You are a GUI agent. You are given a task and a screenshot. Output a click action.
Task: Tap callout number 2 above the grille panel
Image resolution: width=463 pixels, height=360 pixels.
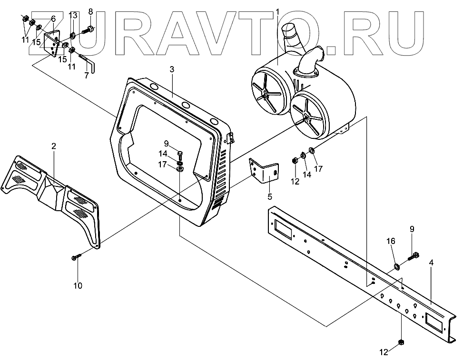click(54, 146)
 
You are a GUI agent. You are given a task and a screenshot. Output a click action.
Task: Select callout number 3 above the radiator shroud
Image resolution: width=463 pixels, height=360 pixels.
click(172, 69)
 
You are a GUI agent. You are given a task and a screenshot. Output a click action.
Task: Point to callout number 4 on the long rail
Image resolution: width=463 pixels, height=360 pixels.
click(431, 262)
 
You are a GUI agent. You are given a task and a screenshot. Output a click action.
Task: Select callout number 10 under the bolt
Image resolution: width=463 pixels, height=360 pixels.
click(78, 286)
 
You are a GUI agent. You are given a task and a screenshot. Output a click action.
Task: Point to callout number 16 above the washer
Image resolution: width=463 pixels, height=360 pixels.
click(390, 241)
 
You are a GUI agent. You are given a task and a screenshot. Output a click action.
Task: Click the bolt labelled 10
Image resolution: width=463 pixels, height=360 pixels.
click(76, 257)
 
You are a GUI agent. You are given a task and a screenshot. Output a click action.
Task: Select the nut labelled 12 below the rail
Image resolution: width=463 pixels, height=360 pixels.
click(401, 342)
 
